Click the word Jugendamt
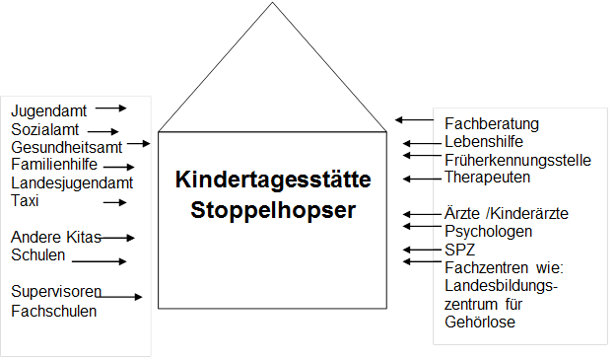[48, 110]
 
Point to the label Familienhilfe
[53, 165]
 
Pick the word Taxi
[25, 200]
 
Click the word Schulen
[38, 254]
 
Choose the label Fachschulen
[54, 311]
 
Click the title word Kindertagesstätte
[273, 180]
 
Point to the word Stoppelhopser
[273, 210]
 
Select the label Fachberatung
[492, 123]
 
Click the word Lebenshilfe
[484, 142]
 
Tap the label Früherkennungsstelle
[517, 160]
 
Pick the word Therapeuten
[487, 178]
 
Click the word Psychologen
[489, 232]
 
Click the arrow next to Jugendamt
[111, 108]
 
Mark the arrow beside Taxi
[116, 202]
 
